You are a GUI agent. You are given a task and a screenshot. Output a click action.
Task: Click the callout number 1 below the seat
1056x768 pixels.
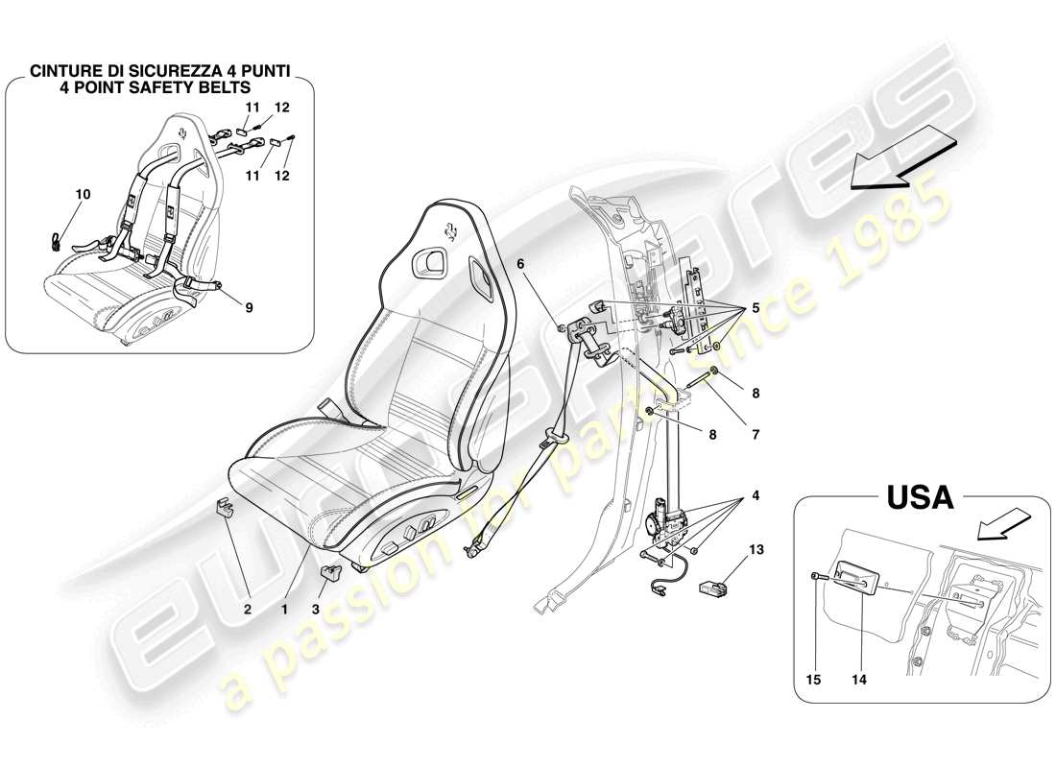(285, 608)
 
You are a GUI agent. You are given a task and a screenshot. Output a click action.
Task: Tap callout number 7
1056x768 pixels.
(756, 435)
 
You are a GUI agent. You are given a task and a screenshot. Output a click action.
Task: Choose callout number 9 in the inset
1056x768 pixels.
(249, 309)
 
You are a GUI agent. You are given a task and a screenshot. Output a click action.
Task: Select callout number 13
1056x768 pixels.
(756, 550)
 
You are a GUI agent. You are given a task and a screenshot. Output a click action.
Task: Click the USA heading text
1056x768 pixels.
(919, 497)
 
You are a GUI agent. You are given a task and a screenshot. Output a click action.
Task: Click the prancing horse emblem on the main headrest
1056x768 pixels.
(451, 230)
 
